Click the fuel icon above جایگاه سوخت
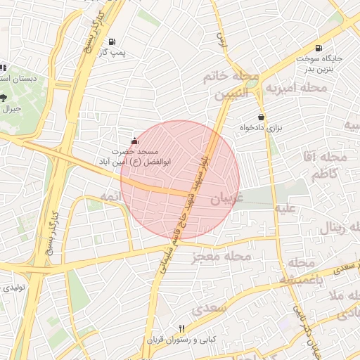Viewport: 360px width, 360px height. pyautogui.click(x=320, y=48)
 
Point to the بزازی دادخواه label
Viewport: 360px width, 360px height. pyautogui.click(x=261, y=128)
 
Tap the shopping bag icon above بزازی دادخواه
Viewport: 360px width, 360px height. pyautogui.click(x=262, y=117)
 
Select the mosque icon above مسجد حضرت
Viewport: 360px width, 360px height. pyautogui.click(x=135, y=141)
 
